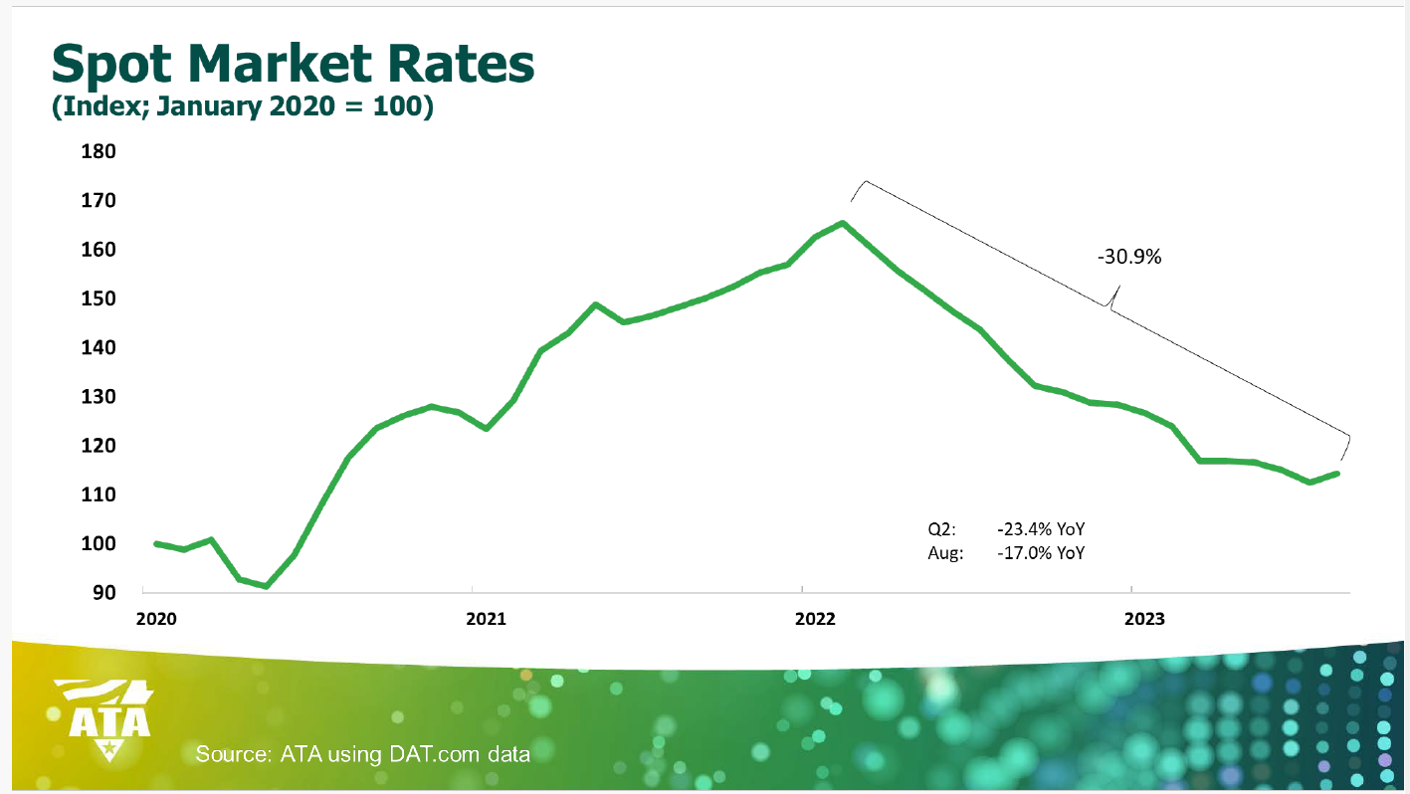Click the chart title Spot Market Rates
point(293,65)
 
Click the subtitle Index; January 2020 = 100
point(242,106)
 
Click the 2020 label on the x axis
point(156,619)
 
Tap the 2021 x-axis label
point(486,619)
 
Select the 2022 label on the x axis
point(815,619)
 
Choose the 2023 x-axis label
point(1144,619)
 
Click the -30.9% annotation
point(1129,257)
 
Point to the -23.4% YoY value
point(1040,530)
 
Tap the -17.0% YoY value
point(1040,552)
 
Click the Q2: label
point(941,530)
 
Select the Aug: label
point(945,552)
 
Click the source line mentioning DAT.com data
point(363,753)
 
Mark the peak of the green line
point(843,223)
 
